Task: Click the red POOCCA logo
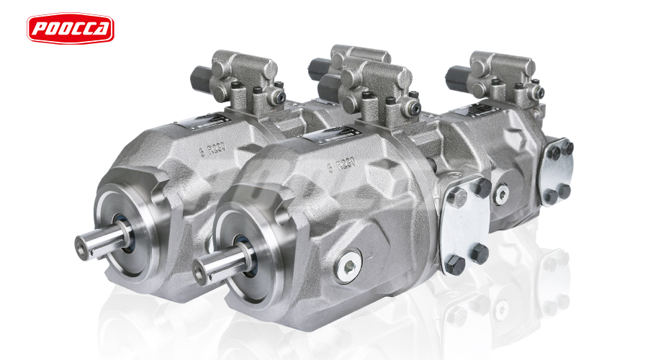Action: [71, 27]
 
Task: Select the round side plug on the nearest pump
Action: [351, 266]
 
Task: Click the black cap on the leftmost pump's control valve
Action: [199, 75]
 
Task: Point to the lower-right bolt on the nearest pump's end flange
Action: [480, 253]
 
